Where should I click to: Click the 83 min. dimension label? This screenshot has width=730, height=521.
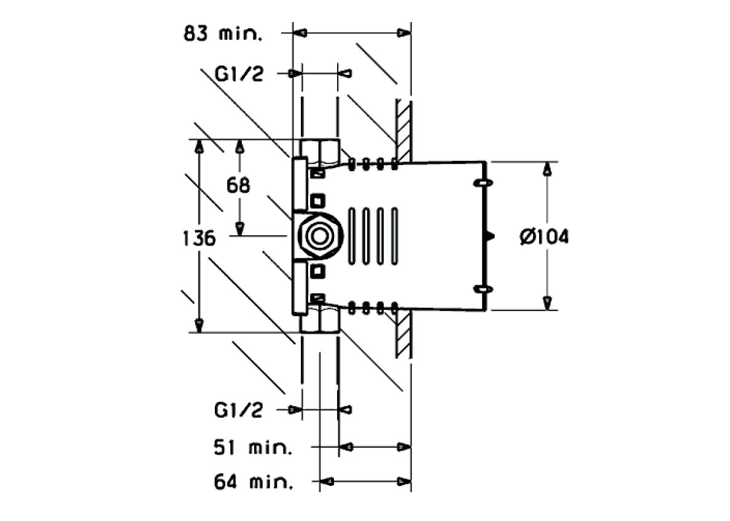(x=222, y=34)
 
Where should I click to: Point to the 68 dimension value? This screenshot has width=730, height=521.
(x=238, y=185)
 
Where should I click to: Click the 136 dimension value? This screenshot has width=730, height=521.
(x=199, y=238)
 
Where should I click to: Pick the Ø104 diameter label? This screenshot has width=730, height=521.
(x=544, y=237)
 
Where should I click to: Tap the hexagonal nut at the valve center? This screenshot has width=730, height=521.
(x=319, y=236)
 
